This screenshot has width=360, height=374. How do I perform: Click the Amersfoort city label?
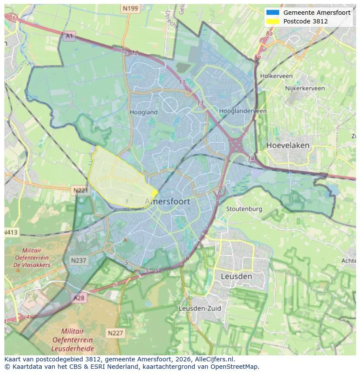coord(167,202)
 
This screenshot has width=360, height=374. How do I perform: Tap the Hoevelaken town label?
coord(288,145)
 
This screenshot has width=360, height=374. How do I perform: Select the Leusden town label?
coord(236,276)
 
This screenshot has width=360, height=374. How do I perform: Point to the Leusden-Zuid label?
coord(200,308)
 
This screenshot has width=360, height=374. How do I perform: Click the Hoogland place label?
coord(143,112)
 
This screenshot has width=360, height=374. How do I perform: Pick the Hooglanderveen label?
coord(243,111)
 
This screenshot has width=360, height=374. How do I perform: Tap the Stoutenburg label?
coord(244,209)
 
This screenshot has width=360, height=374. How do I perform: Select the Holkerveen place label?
coord(276,76)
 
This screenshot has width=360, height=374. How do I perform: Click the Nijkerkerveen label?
coord(305,88)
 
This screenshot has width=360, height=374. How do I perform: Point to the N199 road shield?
coord(130,8)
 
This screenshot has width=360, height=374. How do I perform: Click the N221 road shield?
coord(80,190)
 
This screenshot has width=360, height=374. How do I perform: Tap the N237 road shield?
coord(78,260)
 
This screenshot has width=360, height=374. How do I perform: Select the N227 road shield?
coord(115,333)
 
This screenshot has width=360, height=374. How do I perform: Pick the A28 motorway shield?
coord(79,298)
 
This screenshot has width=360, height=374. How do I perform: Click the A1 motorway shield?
coord(69,36)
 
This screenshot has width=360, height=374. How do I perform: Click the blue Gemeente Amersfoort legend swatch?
coord(273,13)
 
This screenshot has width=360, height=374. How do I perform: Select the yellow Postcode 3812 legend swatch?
coord(273,21)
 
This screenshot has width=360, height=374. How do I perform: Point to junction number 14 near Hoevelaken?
coord(251,159)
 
